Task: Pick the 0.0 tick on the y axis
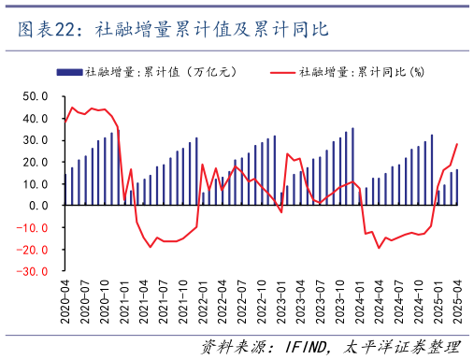tap(38, 206)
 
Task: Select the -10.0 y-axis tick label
tap(33, 228)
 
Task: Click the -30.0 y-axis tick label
tap(33, 271)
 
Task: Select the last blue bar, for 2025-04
tap(457, 187)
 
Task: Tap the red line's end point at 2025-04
tap(457, 144)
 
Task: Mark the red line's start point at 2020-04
tap(65, 122)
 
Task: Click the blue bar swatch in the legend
tap(69, 72)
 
